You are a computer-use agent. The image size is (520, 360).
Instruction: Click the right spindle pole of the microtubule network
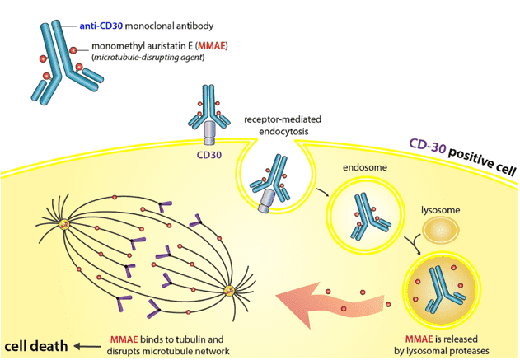[x=230, y=289]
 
